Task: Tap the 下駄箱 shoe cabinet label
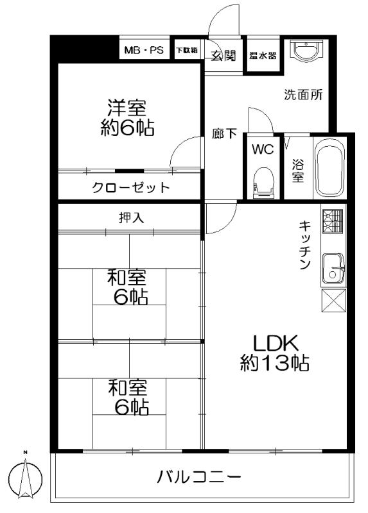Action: tap(187, 49)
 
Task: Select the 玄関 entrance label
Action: tap(223, 56)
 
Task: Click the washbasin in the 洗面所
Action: tap(303, 51)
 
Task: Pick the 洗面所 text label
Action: tap(304, 94)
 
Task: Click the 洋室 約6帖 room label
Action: tap(127, 117)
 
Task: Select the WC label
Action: tap(263, 150)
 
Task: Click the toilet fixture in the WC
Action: tap(263, 181)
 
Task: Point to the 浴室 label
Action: tap(298, 168)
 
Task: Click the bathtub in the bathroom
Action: tap(330, 168)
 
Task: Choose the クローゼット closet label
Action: tap(130, 188)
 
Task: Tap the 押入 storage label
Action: tap(131, 218)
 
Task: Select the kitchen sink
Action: tap(332, 267)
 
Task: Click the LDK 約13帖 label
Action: tap(274, 353)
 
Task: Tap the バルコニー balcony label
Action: tap(199, 477)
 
